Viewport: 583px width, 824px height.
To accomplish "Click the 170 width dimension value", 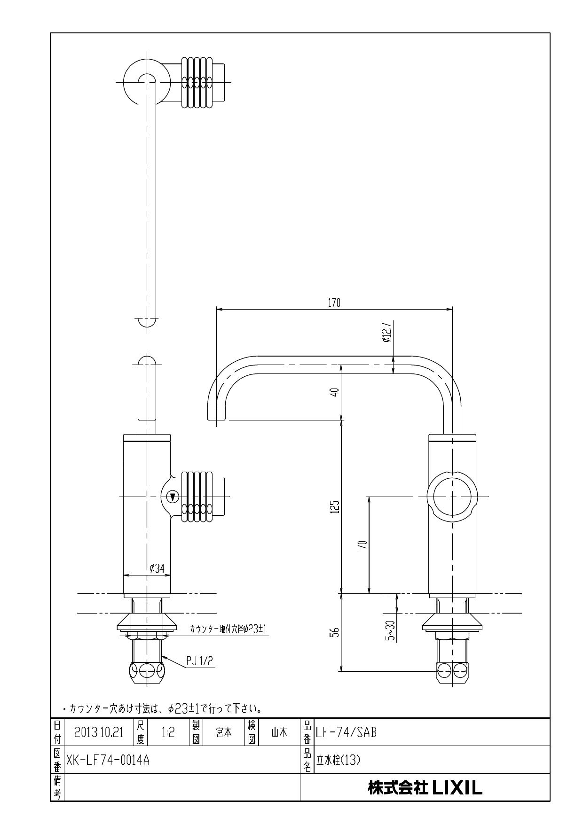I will pos(334,303).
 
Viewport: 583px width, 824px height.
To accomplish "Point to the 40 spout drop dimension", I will pos(334,392).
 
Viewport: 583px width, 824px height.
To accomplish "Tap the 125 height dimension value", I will pos(334,506).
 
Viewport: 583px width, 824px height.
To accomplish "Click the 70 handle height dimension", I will pos(362,544).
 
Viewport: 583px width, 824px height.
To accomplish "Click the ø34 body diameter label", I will pos(157,568).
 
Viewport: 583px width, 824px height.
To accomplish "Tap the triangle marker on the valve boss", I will pos(173,497).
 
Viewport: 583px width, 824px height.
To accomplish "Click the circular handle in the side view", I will pos(452,497).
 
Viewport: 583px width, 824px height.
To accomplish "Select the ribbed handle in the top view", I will pos(197,82).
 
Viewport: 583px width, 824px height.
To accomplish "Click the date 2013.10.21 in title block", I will pos(99,732).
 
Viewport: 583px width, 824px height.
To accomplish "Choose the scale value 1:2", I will pos(168,732).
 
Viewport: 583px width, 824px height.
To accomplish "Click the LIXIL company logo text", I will pos(425,787).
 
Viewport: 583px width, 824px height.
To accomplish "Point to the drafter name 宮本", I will pos(223,732).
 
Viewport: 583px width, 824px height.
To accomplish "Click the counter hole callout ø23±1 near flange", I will pos(228,629).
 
